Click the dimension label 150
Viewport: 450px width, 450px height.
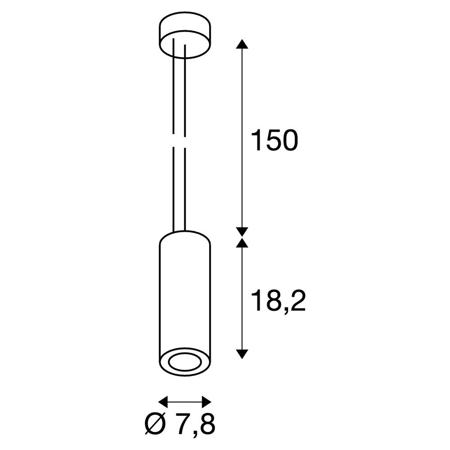274,140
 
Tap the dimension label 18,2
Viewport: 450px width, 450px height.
278,301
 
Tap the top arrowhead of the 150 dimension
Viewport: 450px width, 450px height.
242,44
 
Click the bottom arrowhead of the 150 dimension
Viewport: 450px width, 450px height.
242,232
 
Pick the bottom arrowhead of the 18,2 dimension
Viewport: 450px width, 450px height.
242,354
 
